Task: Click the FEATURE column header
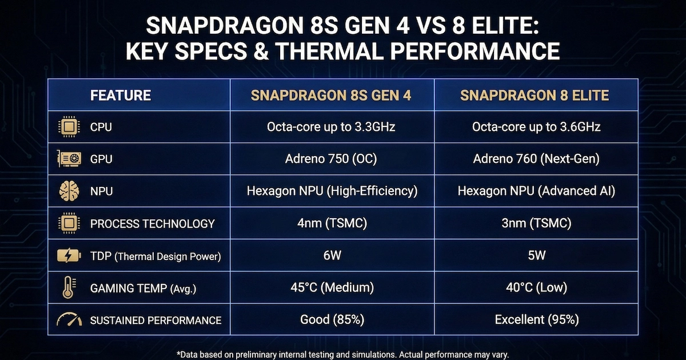[x=120, y=95]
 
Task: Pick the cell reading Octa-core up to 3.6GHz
[x=536, y=127]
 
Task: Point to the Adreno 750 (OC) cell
[x=332, y=159]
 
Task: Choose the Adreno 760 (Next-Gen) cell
[x=536, y=159]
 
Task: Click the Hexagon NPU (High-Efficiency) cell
[x=332, y=191]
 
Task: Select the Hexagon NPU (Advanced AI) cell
[x=536, y=191]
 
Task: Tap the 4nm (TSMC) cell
[x=332, y=223]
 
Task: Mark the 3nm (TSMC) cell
[x=536, y=223]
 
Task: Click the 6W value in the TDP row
[x=332, y=255]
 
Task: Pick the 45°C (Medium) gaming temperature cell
[x=332, y=287]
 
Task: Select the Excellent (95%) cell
[x=536, y=319]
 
